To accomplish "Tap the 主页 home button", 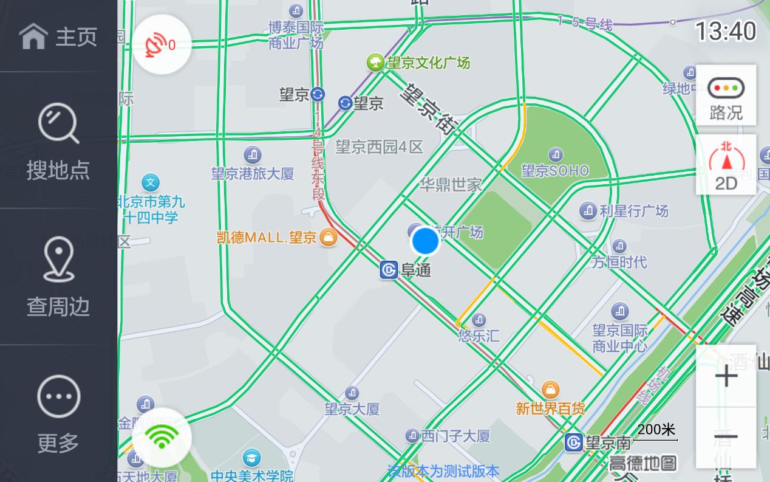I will click(x=58, y=36).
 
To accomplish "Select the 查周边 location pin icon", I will click(x=58, y=260).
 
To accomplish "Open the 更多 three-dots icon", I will click(x=58, y=396).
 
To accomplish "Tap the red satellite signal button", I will click(x=162, y=44).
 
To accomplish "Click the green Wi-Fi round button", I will click(x=162, y=437).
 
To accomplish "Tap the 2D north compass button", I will click(x=726, y=165).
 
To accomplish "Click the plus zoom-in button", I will click(x=726, y=377).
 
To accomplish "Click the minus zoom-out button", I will click(x=726, y=437).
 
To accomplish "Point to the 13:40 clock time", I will click(x=725, y=31).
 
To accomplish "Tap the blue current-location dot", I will click(x=425, y=241).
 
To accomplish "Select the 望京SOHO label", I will click(x=555, y=171).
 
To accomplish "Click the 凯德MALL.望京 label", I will click(x=267, y=237).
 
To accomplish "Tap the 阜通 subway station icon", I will click(x=389, y=270).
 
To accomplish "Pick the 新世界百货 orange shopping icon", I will click(x=550, y=389).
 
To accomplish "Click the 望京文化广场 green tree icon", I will click(x=375, y=62).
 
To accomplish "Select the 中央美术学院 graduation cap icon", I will click(x=251, y=458).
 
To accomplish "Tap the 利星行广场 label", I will click(x=633, y=211).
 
